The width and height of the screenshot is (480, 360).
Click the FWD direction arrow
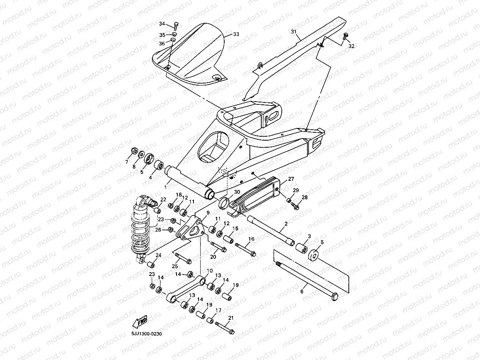tap(140, 321)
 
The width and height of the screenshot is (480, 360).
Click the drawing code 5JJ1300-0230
tap(147, 334)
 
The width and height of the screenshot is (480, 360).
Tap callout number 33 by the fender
tap(236, 35)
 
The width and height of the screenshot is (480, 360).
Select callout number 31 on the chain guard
tap(294, 32)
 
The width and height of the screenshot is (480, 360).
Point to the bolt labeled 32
tap(346, 37)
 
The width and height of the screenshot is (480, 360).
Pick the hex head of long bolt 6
tap(334, 296)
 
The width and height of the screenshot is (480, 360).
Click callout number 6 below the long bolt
tap(302, 292)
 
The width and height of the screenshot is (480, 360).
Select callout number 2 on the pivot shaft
tap(286, 224)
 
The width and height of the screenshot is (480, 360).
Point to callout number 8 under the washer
tap(134, 167)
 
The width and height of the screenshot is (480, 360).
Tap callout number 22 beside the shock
tap(163, 200)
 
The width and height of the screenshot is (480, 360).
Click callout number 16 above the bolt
tap(251, 239)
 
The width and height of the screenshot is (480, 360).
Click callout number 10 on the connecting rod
tap(209, 271)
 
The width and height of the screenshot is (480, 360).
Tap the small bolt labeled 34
tap(176, 26)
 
